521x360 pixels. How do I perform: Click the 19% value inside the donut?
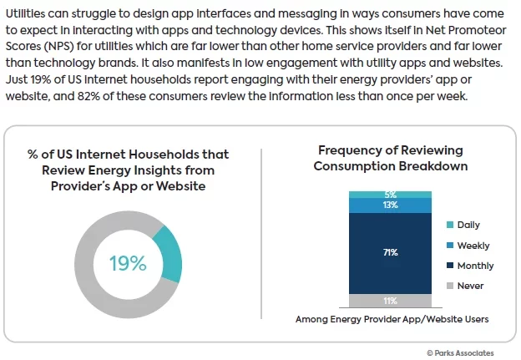pos(127,263)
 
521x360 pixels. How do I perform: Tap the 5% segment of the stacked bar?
pos(391,194)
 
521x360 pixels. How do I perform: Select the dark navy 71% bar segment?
pos(391,252)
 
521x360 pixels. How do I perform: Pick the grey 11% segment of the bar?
pos(391,301)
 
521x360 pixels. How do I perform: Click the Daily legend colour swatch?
pos(451,226)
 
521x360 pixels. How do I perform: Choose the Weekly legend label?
pos(473,246)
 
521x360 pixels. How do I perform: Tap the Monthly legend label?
pos(475,266)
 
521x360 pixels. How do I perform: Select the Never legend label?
pos(470,286)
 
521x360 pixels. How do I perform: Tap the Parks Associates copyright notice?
pos(459,352)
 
